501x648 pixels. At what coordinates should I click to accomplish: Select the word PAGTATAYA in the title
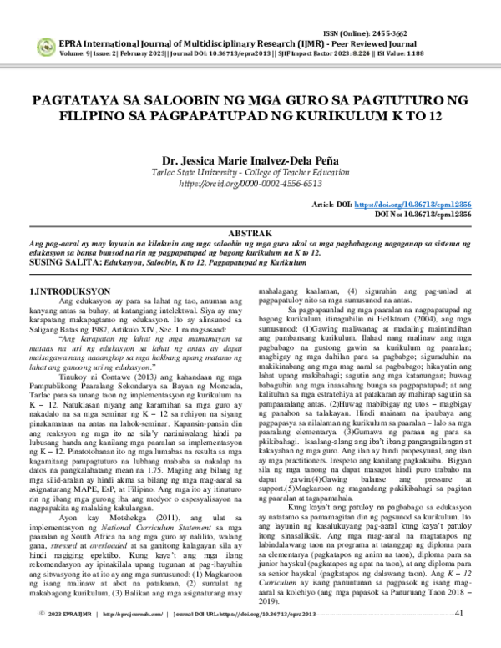click(x=74, y=101)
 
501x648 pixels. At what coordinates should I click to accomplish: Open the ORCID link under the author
click(x=250, y=183)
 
